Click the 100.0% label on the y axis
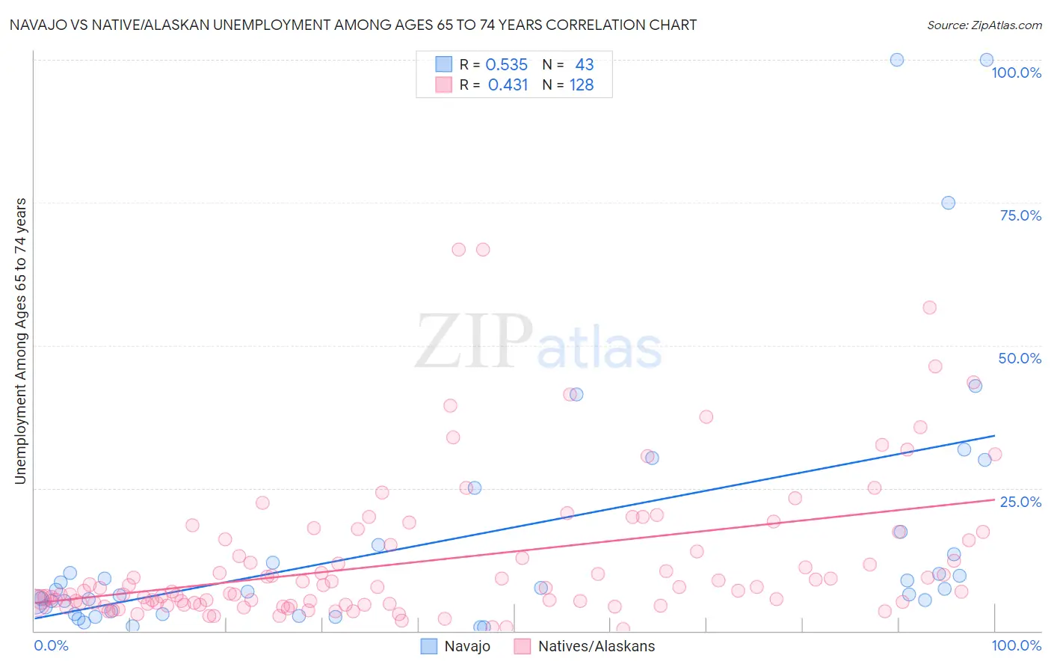tap(1016, 73)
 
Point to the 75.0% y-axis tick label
tap(1020, 215)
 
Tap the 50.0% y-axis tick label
tap(1020, 358)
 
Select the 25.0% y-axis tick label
tap(1020, 501)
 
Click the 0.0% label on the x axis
tap(51, 645)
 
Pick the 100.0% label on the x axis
tap(1016, 645)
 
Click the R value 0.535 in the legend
tap(506, 65)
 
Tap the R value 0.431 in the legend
tap(508, 85)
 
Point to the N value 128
tap(582, 85)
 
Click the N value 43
tap(584, 65)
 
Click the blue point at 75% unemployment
tap(948, 203)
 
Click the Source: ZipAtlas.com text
tap(984, 25)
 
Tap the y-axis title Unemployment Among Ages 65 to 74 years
tap(20, 340)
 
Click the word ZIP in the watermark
tap(472, 342)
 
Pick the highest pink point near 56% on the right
tap(929, 307)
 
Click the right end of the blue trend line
tap(994, 435)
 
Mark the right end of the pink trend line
tap(994, 500)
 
